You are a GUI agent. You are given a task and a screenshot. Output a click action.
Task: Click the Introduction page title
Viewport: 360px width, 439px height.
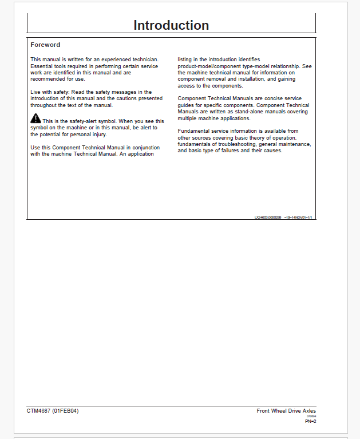pyautogui.click(x=171, y=25)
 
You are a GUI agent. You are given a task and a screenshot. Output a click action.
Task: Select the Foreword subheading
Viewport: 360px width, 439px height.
pyautogui.click(x=45, y=45)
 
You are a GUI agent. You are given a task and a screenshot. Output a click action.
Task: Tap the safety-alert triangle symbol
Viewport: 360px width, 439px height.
pyautogui.click(x=35, y=118)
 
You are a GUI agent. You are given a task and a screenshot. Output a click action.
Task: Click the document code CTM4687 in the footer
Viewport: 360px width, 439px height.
pyautogui.click(x=38, y=411)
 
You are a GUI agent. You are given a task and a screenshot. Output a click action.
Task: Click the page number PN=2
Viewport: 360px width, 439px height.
pyautogui.click(x=310, y=422)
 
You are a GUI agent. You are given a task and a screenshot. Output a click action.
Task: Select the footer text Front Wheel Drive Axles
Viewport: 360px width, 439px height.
pyautogui.click(x=286, y=411)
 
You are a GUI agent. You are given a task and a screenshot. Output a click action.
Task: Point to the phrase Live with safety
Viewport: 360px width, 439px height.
pyautogui.click(x=50, y=92)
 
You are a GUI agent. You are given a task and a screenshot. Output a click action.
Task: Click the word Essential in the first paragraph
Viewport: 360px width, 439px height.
pyautogui.click(x=41, y=66)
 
